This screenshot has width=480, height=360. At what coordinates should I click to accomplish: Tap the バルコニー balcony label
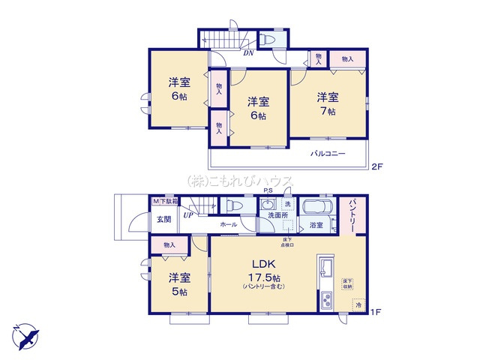click(328, 154)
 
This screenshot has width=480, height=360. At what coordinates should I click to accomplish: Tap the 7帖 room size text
click(327, 111)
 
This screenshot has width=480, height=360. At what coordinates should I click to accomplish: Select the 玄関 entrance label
click(163, 220)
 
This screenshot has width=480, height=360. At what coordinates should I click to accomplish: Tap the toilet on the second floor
click(269, 40)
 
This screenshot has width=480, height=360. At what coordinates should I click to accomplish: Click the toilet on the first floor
click(232, 205)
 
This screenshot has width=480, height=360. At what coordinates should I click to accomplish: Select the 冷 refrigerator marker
click(358, 306)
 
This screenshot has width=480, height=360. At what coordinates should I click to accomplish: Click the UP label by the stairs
click(189, 215)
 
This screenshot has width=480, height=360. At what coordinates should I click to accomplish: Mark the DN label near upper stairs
click(247, 53)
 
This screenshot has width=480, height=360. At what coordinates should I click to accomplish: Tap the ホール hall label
click(229, 224)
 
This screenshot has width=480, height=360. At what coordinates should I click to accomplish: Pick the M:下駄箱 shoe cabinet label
click(166, 202)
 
